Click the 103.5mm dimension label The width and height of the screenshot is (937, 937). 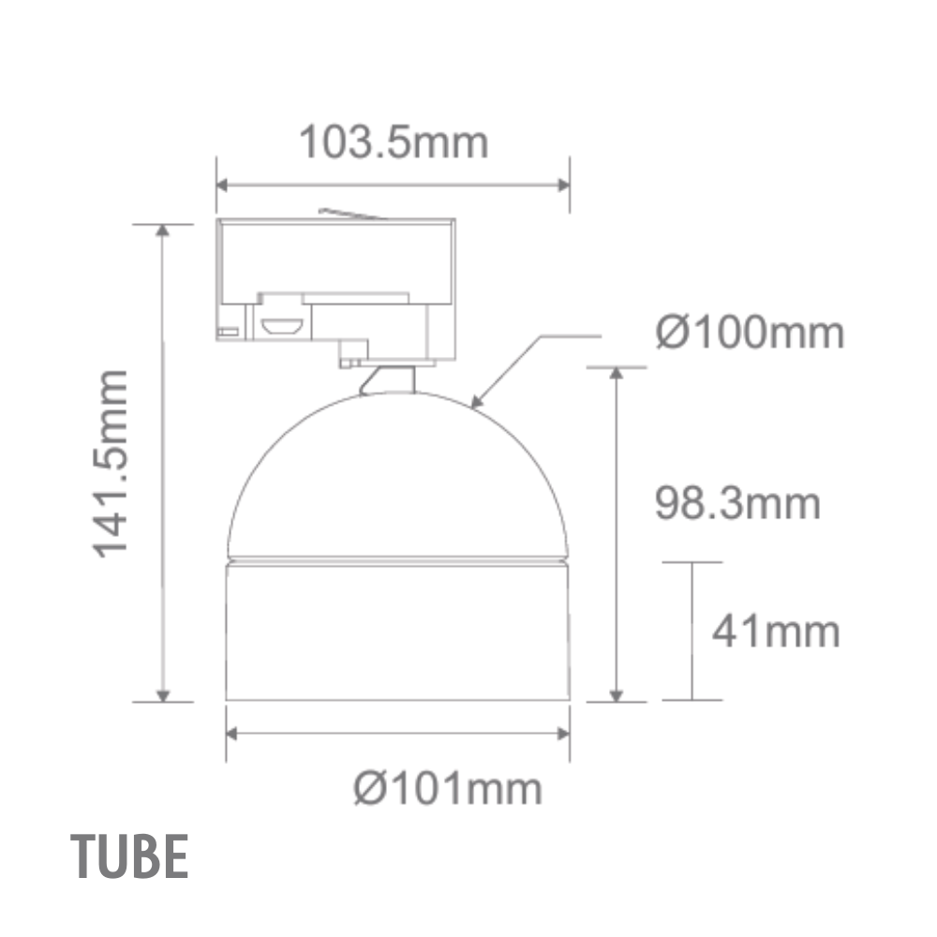394,143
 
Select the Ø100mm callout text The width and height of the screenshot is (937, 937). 750,333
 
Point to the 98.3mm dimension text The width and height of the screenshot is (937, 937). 736,504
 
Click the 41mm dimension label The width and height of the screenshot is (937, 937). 776,632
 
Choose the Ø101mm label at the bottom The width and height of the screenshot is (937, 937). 448,789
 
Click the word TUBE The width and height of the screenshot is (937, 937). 131,856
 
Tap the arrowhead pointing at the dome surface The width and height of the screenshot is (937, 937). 477,405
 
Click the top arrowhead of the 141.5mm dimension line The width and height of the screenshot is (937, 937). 163,231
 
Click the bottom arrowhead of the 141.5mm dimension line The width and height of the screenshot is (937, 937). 163,695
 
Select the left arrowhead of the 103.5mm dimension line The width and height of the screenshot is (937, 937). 223,184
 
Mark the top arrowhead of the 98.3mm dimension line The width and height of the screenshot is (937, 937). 616,373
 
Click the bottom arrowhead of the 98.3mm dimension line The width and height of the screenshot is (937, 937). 616,695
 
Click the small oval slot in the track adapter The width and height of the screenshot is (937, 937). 281,327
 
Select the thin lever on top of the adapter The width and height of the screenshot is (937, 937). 351,214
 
